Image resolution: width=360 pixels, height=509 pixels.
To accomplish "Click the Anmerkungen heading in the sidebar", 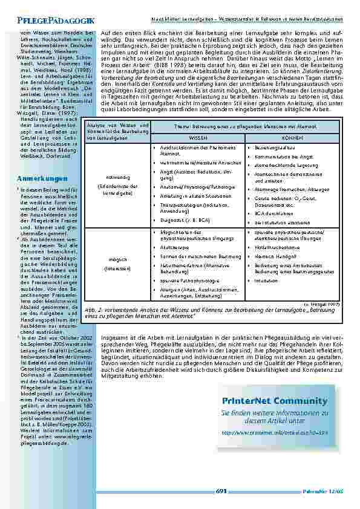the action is [x=42, y=180].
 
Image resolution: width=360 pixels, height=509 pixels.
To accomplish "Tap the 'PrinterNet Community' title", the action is [x=283, y=401].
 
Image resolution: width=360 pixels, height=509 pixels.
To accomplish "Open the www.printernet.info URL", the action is [x=283, y=433].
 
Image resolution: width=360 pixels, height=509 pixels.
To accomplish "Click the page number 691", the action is [x=221, y=491].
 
